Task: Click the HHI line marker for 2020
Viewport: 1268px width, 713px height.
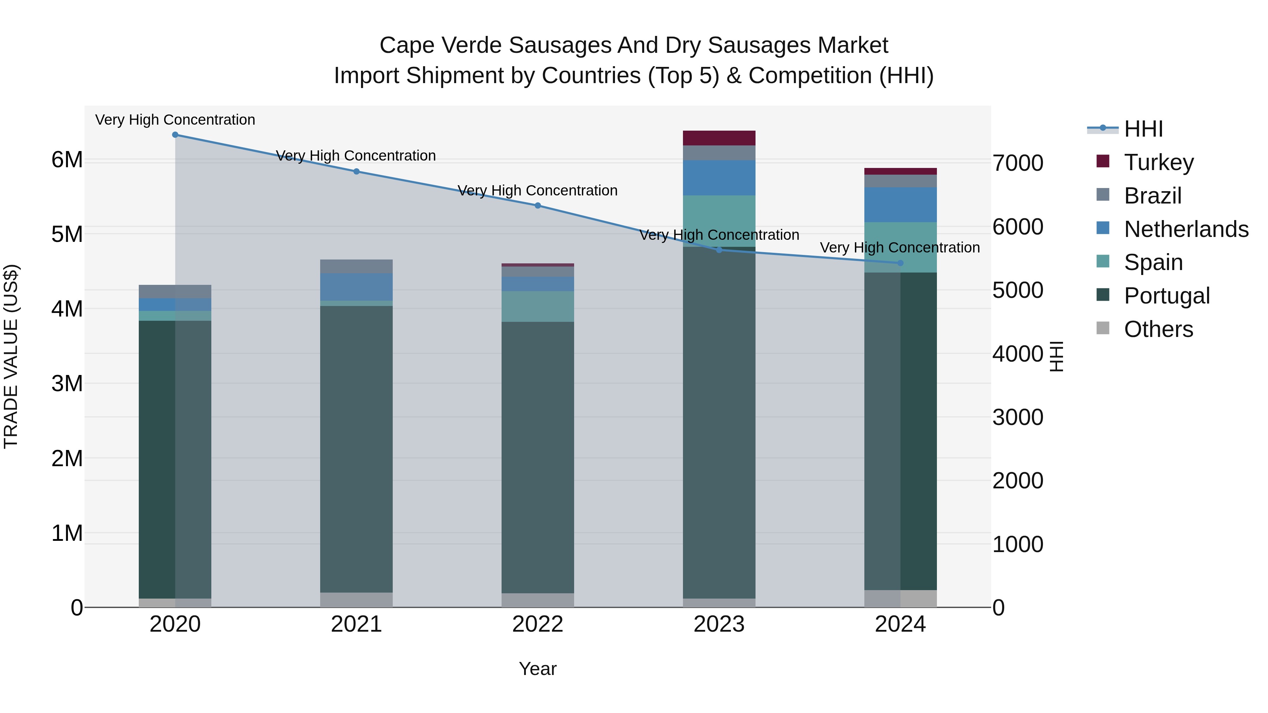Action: [175, 135]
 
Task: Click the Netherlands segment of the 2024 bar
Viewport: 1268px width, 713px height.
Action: [900, 205]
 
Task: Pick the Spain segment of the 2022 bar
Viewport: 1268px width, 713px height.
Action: [537, 307]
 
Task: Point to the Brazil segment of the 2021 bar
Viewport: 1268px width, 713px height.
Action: [356, 267]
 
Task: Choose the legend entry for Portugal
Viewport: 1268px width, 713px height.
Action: [1167, 296]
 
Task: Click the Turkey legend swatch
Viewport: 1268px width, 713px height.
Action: [1103, 161]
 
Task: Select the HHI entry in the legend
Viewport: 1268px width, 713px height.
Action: [1143, 129]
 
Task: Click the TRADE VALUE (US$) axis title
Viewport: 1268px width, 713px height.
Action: [11, 357]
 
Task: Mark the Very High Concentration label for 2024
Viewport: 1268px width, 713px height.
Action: [900, 248]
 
